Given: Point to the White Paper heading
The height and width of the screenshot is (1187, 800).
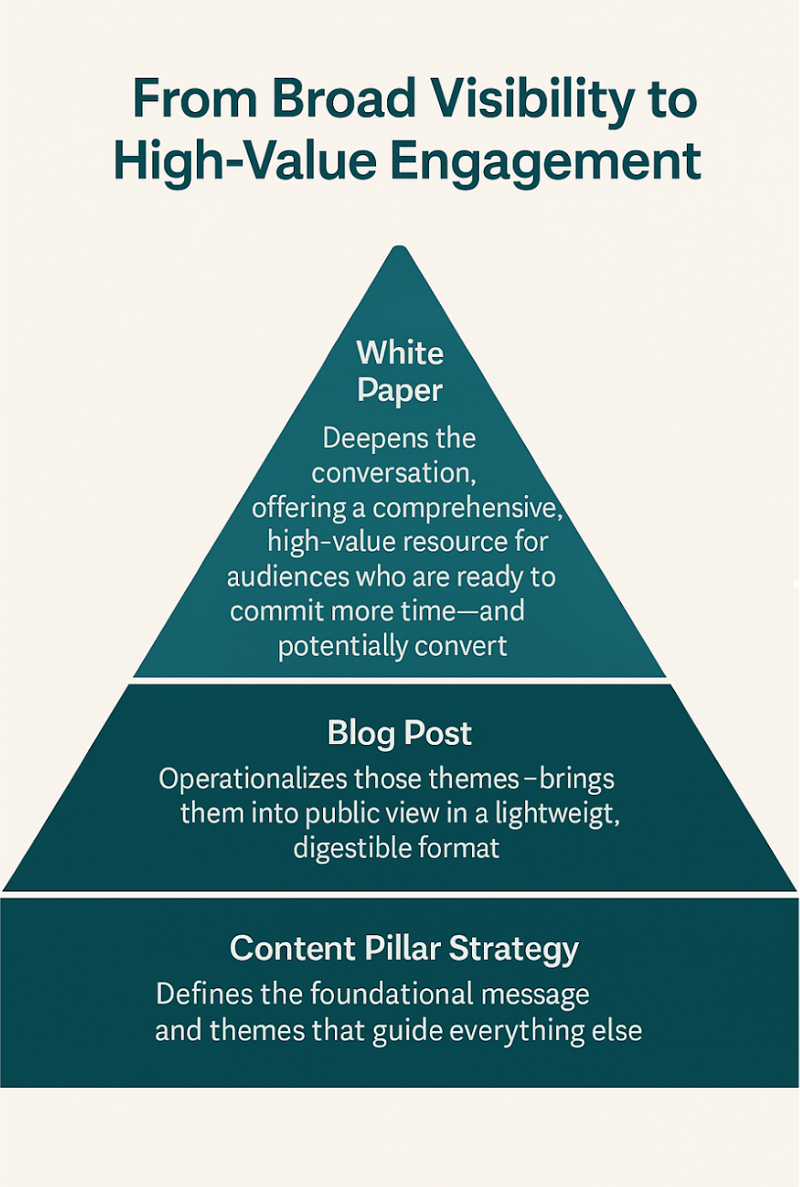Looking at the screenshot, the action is pyautogui.click(x=400, y=371).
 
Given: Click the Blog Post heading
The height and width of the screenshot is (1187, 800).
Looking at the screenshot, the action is pyautogui.click(x=399, y=733).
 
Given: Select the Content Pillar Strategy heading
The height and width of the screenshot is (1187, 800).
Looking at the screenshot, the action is pyautogui.click(x=404, y=949).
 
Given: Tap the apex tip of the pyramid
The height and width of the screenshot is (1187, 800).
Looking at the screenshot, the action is pyautogui.click(x=399, y=250).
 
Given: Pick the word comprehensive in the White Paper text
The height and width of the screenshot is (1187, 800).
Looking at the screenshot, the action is pyautogui.click(x=468, y=508).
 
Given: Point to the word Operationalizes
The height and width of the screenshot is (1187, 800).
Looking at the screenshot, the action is pyautogui.click(x=254, y=779).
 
